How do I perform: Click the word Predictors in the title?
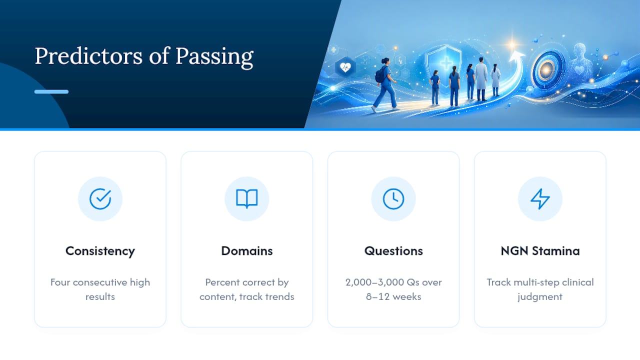tap(88, 56)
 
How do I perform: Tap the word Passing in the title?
tap(214, 57)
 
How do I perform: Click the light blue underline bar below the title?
tap(51, 91)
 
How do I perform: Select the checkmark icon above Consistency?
tap(100, 199)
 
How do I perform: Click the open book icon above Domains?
tap(247, 198)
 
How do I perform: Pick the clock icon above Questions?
tap(393, 199)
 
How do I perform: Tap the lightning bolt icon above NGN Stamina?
tap(540, 199)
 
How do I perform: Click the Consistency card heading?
tap(100, 251)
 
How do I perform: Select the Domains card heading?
tap(247, 251)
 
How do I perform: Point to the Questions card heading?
tap(393, 251)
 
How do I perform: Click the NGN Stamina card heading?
tap(540, 251)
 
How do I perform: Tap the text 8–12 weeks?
tap(393, 296)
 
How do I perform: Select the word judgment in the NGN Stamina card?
tap(540, 297)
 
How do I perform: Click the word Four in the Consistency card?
tap(60, 282)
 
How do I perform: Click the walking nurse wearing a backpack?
tap(385, 85)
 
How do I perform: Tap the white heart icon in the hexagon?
tap(345, 67)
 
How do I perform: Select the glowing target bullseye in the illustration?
tap(546, 69)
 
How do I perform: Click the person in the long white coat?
tap(481, 79)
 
